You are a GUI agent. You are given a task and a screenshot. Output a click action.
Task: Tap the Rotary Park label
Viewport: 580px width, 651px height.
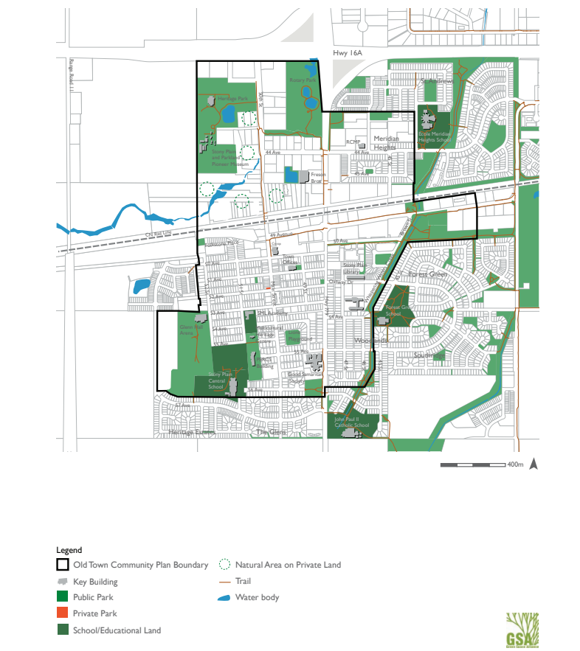tap(302, 80)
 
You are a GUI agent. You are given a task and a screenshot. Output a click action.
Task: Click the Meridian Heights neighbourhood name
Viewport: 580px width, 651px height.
tap(384, 142)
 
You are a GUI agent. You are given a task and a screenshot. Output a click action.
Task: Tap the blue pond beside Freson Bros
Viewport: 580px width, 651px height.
tap(291, 175)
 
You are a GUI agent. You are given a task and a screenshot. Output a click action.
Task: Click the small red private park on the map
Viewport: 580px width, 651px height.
tap(267, 288)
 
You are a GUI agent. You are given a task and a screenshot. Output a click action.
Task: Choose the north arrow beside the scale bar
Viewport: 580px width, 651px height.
tap(534, 464)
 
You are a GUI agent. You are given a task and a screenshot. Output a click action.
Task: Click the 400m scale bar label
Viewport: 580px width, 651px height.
tap(514, 465)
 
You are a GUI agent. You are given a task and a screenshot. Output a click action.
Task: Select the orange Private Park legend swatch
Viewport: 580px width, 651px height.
tap(63, 613)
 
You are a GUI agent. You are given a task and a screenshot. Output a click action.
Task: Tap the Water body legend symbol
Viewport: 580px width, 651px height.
tap(224, 597)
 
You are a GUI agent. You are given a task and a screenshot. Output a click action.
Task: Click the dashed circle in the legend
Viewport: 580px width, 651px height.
tap(224, 565)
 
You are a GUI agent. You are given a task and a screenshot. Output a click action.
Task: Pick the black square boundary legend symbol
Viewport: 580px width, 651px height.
tap(63, 565)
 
